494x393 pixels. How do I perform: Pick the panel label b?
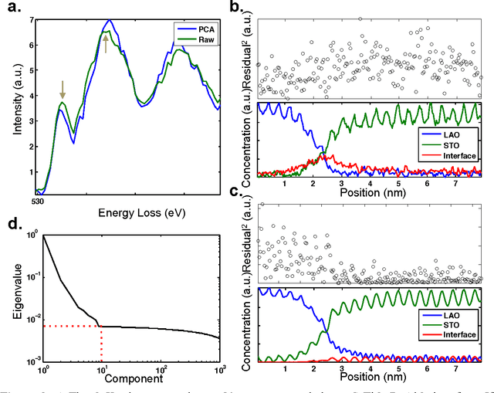242,10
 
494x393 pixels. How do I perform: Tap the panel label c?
242,191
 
